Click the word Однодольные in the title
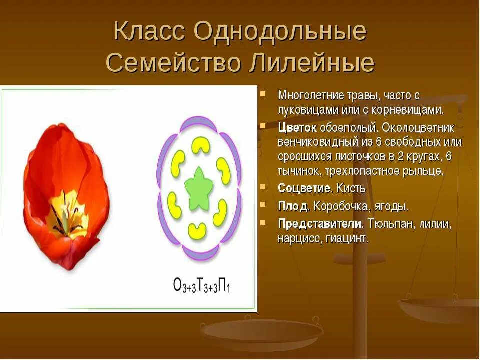tap(280, 32)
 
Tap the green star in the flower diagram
tap(199, 188)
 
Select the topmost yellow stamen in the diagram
tap(201, 145)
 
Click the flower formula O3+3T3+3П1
tap(201, 286)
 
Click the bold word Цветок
tap(297, 127)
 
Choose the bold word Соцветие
tap(304, 188)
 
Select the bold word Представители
tap(319, 223)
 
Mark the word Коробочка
tap(341, 206)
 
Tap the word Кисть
tap(351, 188)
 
